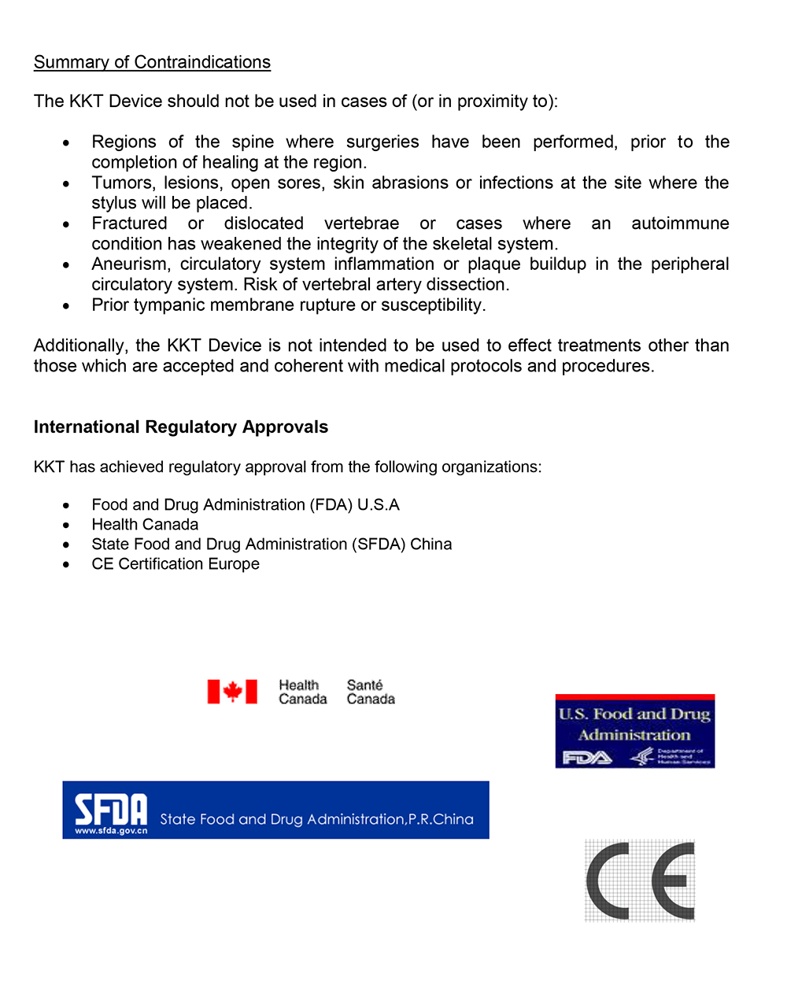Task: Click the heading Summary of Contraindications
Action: click(152, 62)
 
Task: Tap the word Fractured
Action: click(129, 223)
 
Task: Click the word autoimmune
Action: click(680, 223)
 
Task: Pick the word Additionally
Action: click(79, 345)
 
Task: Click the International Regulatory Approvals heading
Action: click(181, 427)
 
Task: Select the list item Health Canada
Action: click(145, 524)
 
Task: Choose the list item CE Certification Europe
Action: click(176, 563)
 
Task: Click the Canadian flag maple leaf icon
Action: click(232, 692)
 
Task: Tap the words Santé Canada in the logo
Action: click(371, 692)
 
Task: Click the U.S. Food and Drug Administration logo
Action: click(634, 731)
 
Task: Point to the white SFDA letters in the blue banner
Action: click(111, 809)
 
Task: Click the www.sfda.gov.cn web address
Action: click(111, 830)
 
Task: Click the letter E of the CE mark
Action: click(673, 880)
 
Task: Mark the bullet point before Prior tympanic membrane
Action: click(67, 305)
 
